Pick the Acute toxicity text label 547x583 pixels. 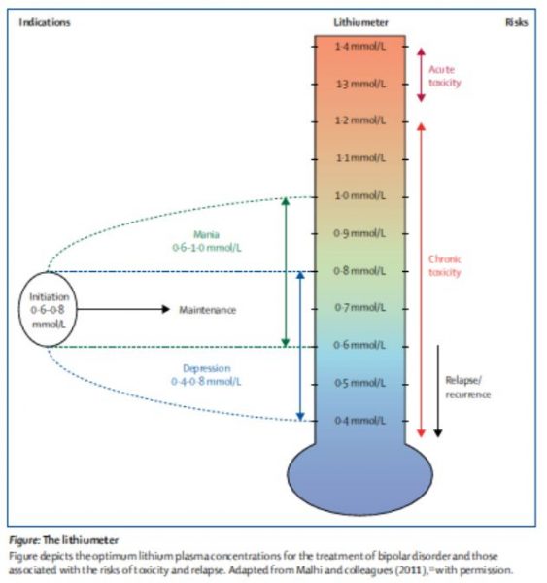coord(444,76)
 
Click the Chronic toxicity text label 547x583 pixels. coord(444,266)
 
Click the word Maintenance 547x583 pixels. coord(208,310)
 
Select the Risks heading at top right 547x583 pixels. coord(516,21)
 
